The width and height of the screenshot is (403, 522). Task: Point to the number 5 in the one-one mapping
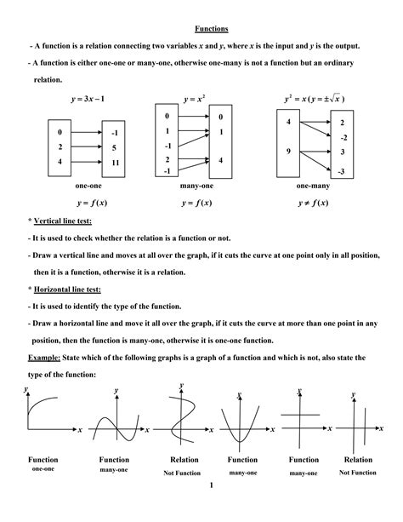(x=115, y=147)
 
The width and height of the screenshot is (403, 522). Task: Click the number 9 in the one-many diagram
(x=289, y=152)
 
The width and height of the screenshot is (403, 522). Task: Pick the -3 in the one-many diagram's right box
(x=342, y=171)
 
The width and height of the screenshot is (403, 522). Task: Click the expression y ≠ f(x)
(x=315, y=203)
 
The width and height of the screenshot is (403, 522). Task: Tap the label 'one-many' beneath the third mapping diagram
(x=315, y=186)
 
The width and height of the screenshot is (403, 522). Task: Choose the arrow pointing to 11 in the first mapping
(x=88, y=162)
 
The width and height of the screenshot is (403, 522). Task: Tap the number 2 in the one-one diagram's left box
(x=60, y=147)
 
